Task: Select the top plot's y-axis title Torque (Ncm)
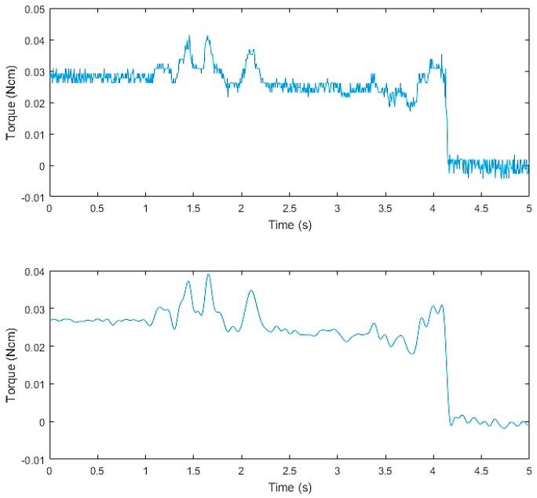tap(10, 103)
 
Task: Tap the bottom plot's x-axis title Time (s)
tap(289, 488)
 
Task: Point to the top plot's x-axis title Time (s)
tap(289, 224)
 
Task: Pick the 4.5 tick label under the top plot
tap(481, 209)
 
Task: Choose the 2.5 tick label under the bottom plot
tap(289, 471)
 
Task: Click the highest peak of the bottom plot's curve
tap(208, 274)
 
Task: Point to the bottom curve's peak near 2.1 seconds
tap(251, 291)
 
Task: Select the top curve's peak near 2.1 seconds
tap(250, 51)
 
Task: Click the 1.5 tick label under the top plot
tap(193, 209)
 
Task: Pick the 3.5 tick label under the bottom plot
tap(385, 471)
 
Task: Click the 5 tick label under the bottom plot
tap(529, 471)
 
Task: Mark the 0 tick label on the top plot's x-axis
tap(49, 209)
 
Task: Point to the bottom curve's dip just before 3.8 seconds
tap(411, 354)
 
